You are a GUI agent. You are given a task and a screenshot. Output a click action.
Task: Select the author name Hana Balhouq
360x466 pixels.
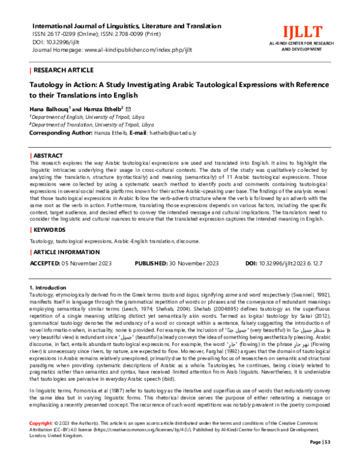[x=49, y=107]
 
